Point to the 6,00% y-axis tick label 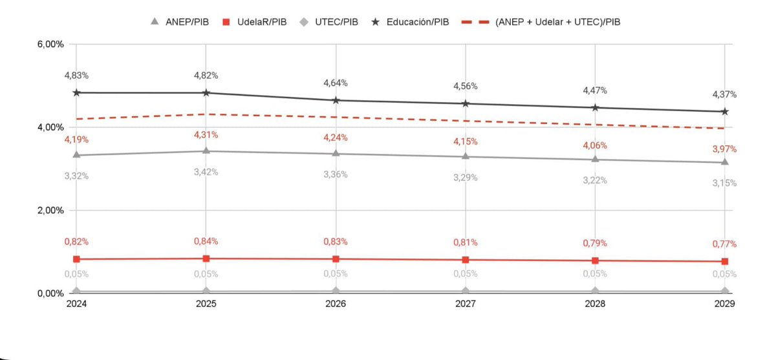point(50,45)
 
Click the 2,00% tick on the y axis point(50,210)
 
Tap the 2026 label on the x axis point(336,304)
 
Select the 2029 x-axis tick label point(724,304)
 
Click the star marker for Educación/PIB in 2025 point(206,93)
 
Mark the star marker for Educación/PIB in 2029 point(725,112)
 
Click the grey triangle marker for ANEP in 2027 point(466,156)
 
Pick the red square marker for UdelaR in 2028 point(595,260)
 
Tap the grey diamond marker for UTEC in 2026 point(336,291)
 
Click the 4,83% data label point(76,76)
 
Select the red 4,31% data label point(206,135)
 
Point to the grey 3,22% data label point(595,180)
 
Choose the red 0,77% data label point(724,244)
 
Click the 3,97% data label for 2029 point(724,149)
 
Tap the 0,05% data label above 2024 point(76,274)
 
